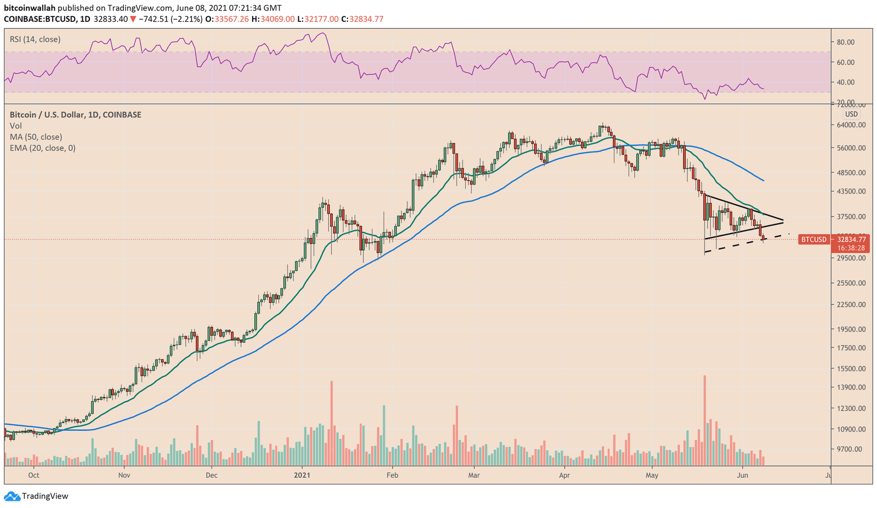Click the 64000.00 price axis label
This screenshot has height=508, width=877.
[851, 125]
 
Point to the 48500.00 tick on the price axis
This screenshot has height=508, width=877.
[851, 172]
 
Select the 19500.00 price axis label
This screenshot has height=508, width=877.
[851, 329]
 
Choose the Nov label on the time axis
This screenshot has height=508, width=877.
[124, 475]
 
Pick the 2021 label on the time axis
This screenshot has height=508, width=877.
[302, 475]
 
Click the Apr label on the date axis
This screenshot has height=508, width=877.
[564, 475]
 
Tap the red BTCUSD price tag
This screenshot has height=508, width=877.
[813, 240]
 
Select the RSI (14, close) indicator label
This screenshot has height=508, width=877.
[35, 39]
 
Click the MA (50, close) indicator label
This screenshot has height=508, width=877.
[36, 137]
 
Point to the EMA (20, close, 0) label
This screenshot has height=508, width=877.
[43, 148]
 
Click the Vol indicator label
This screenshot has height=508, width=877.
[16, 126]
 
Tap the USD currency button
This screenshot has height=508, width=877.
[851, 114]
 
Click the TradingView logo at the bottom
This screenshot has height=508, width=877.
[37, 496]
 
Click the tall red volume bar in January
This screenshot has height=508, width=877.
[332, 423]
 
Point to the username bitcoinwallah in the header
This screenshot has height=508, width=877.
[30, 8]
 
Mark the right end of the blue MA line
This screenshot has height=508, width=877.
[764, 180]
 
